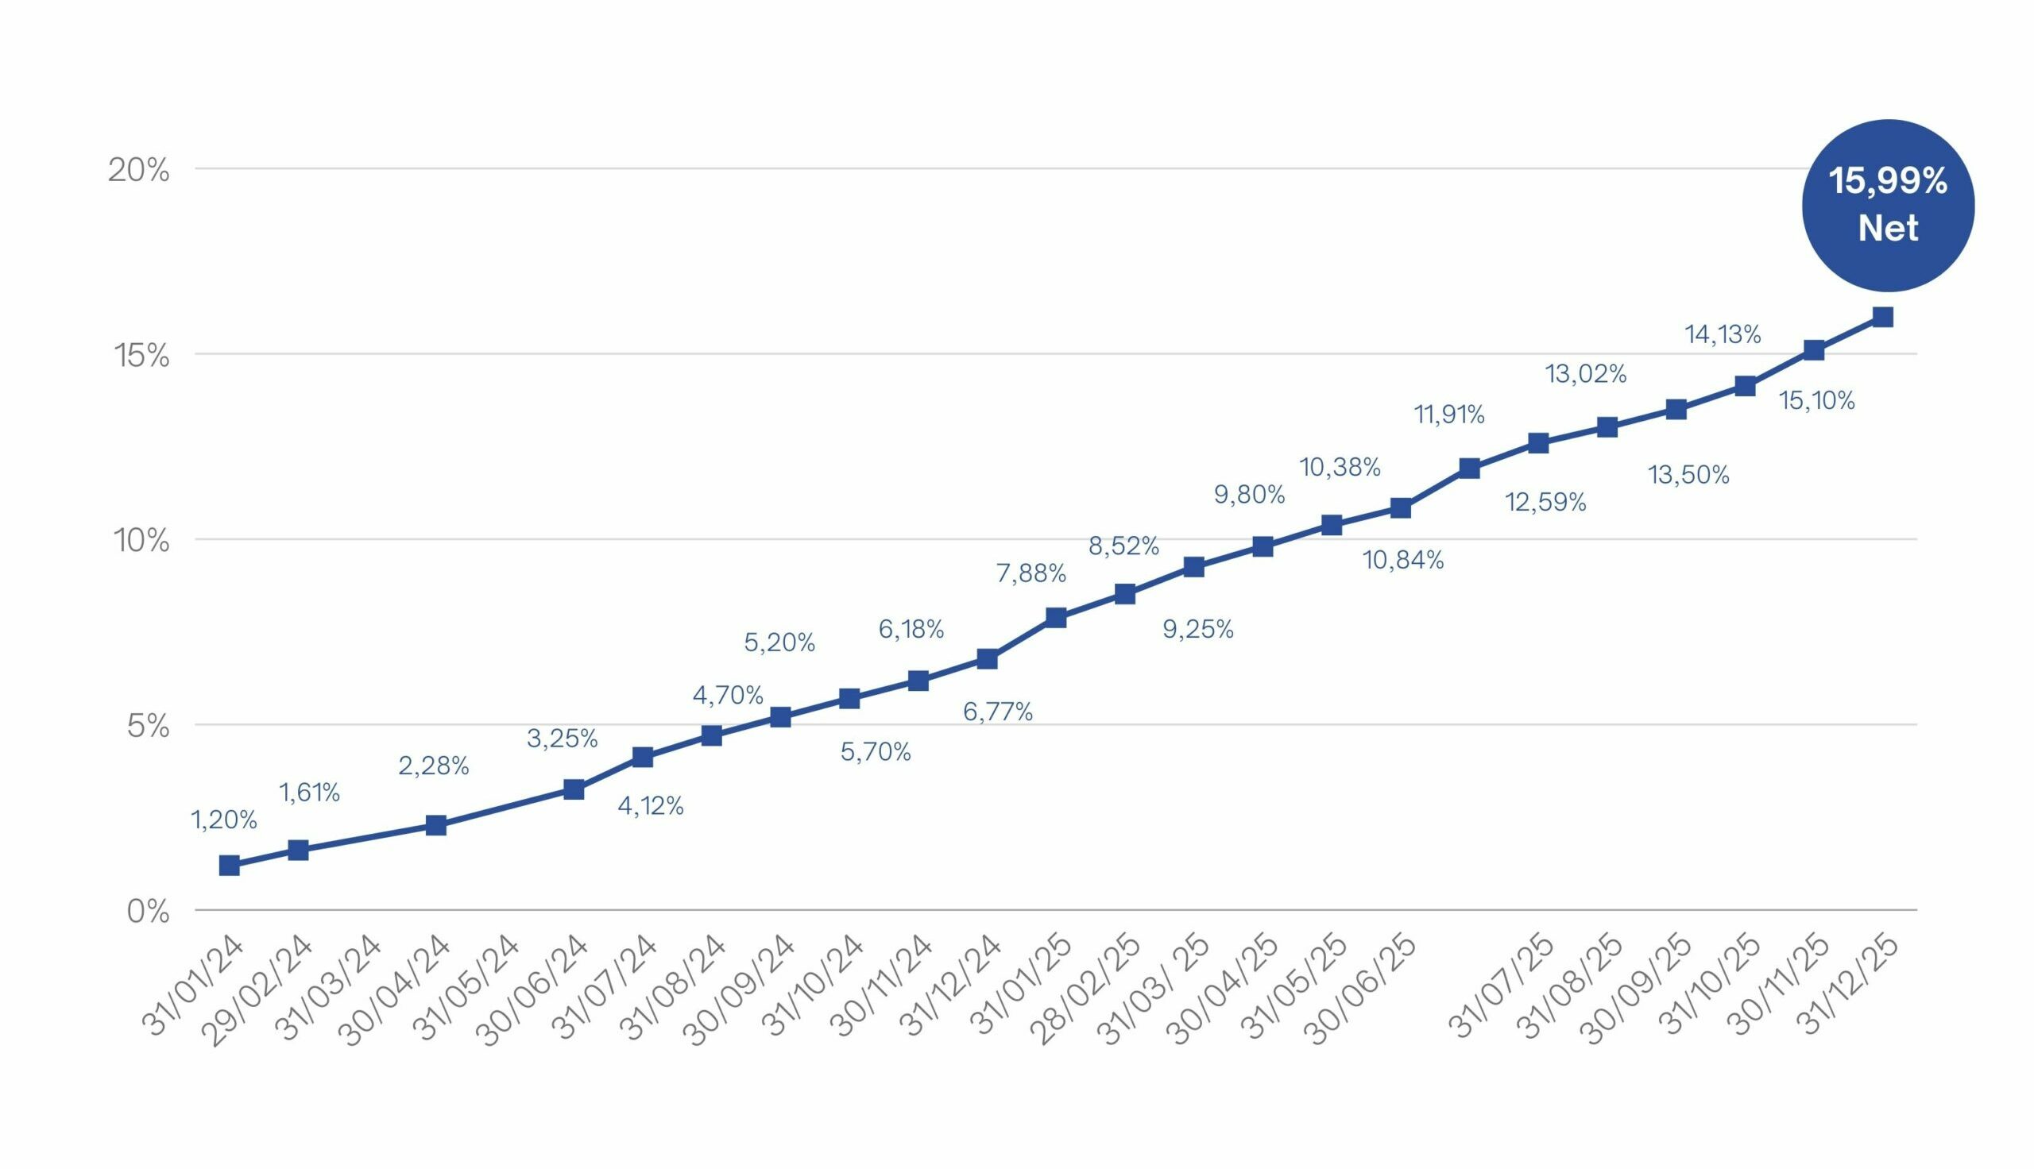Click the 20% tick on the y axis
tap(139, 170)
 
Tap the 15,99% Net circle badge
tap(1887, 206)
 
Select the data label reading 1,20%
tap(223, 820)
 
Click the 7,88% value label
tap(1031, 573)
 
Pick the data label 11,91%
tap(1448, 415)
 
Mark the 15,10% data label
tap(1816, 400)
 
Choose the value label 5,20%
tap(779, 642)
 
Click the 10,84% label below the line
tap(1402, 561)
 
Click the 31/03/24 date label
tap(329, 988)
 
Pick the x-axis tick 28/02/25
tap(1089, 990)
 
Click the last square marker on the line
tap(1882, 317)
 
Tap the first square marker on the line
tap(229, 865)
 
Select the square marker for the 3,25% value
tap(574, 789)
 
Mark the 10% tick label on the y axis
tap(141, 541)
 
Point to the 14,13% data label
tap(1723, 334)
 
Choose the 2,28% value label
tap(434, 766)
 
